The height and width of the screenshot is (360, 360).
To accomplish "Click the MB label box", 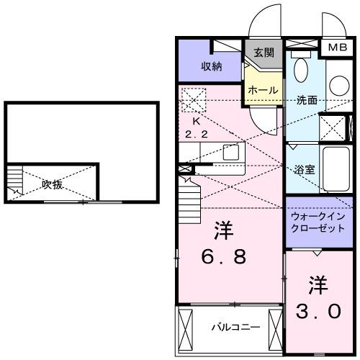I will point(336,48).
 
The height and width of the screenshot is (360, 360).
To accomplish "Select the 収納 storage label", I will point(211,66).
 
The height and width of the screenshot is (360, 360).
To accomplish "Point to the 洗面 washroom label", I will point(306,101).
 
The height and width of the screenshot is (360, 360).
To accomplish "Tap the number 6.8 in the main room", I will point(224,256).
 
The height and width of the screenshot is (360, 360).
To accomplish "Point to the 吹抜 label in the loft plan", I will point(51,184).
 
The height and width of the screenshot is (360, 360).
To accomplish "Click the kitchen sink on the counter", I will point(230,152).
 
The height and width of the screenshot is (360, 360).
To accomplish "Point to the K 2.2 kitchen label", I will point(195,128).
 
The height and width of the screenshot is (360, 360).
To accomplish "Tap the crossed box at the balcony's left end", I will point(185,328).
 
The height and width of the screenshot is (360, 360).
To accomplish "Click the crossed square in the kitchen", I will point(192,98).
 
